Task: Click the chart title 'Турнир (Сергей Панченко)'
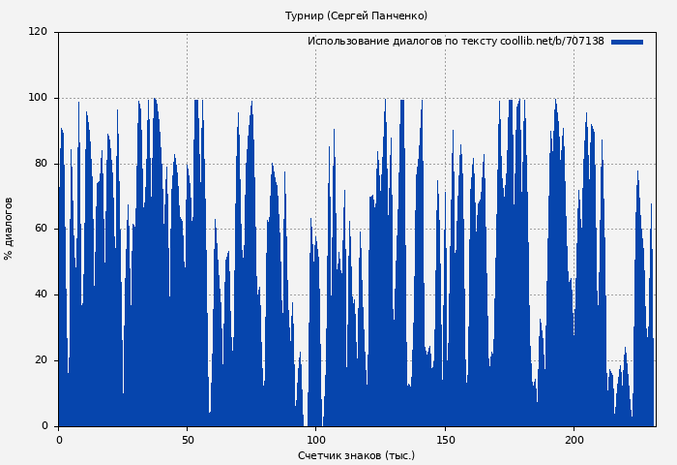click(356, 15)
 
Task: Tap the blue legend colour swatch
click(627, 42)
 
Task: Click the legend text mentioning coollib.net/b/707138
click(456, 42)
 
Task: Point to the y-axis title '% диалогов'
click(9, 229)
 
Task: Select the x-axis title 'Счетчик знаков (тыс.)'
click(356, 455)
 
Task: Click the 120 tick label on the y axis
click(38, 32)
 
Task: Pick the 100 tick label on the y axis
click(38, 98)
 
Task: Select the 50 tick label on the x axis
click(188, 440)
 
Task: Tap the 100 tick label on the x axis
click(316, 440)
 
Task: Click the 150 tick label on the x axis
click(445, 440)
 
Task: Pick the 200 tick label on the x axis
click(574, 440)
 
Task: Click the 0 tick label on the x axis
click(59, 440)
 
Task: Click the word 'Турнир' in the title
click(304, 15)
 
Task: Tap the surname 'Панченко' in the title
click(399, 15)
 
